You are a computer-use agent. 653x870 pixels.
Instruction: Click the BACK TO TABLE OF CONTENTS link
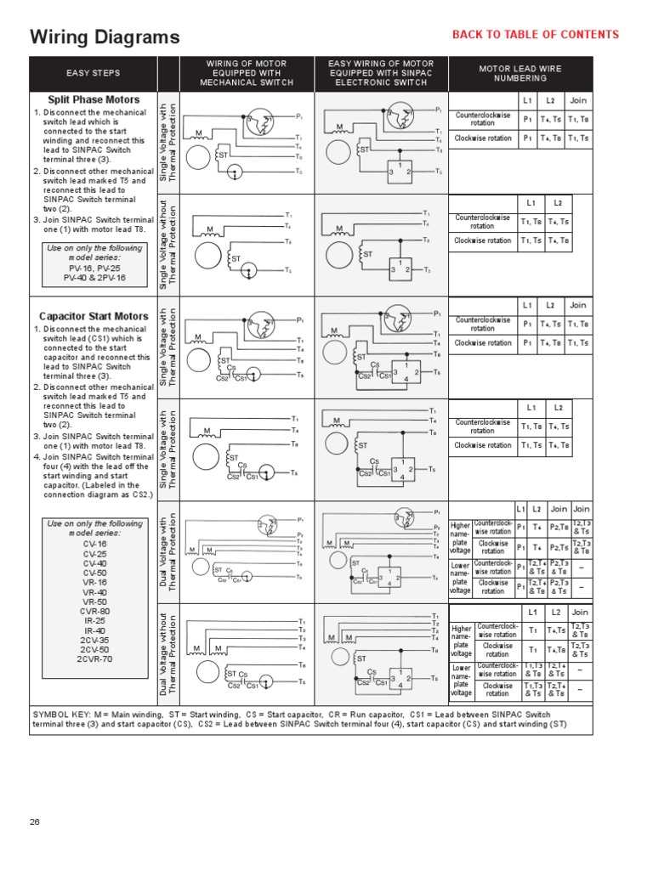[x=535, y=35]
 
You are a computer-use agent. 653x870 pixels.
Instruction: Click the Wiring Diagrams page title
[x=105, y=37]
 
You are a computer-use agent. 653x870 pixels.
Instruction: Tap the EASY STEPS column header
[x=93, y=73]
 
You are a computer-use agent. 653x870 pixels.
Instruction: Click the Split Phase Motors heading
[x=94, y=100]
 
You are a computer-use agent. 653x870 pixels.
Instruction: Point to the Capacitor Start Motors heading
[x=94, y=317]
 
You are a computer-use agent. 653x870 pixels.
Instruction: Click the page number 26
[x=35, y=822]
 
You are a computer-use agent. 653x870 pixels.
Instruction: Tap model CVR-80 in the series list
[x=94, y=611]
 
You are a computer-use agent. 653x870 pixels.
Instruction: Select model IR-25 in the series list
[x=94, y=620]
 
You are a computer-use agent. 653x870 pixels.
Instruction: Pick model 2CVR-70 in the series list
[x=94, y=658]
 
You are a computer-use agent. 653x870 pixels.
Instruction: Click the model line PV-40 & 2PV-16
[x=94, y=278]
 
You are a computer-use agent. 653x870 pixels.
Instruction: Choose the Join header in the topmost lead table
[x=578, y=99]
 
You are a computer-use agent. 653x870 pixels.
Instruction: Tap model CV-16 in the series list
[x=94, y=544]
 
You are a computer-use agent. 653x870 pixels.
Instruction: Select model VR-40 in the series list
[x=94, y=592]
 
